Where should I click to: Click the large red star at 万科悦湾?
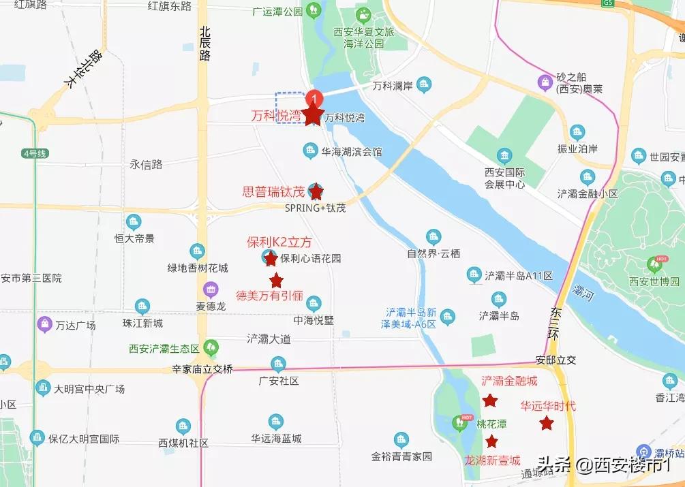313,115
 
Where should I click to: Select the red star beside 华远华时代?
546,424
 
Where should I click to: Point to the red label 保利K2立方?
279,242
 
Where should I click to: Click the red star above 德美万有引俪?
276,280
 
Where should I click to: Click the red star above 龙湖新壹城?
491,441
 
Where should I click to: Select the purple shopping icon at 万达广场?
45,323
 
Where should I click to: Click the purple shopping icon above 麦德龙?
211,289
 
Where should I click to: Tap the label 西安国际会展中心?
504,178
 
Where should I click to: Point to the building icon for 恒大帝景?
134,221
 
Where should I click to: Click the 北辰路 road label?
205,44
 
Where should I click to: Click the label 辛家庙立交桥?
202,369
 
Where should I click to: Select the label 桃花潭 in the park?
492,424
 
